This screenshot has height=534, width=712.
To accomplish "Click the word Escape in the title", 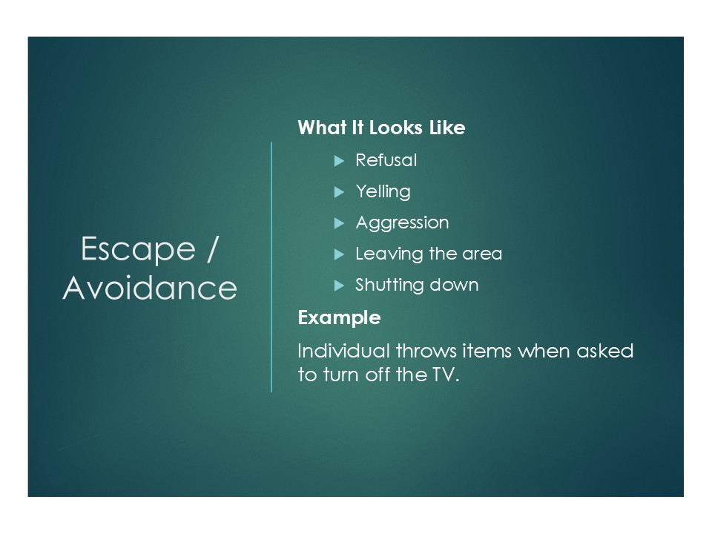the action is tap(138, 250).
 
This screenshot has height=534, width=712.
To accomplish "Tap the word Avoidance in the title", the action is tap(150, 288).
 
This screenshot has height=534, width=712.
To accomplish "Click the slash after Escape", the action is tap(213, 249).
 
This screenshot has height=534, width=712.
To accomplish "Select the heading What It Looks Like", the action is tap(381, 128).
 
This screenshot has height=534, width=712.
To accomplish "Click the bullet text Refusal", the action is tap(386, 160).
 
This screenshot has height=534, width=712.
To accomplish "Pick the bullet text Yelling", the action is tap(383, 192).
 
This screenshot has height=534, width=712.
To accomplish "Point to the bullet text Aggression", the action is tap(402, 223).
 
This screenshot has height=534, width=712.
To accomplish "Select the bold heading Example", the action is tap(339, 318).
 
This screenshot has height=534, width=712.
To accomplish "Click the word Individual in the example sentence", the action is tap(343, 351).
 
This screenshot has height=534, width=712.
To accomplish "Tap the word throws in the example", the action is tap(426, 351).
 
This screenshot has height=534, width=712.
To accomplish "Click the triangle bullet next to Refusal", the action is tap(339, 161).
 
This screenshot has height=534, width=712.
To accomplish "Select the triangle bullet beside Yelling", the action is tap(339, 192).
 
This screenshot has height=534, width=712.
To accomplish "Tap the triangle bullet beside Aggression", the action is tap(339, 223).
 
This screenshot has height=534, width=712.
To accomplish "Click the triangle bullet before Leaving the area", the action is tap(339, 254).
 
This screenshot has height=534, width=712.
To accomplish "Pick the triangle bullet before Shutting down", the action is tap(339, 286).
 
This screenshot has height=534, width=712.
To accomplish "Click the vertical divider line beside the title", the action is tap(271, 267).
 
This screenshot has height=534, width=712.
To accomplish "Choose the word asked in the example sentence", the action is tap(605, 351).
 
